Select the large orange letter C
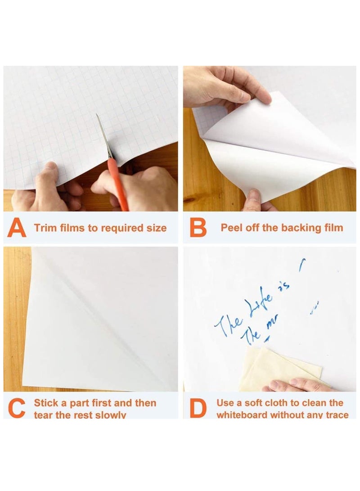tap(17, 409)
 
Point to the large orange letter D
tap(197, 409)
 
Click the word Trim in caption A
tap(44, 228)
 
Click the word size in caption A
tap(156, 228)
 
